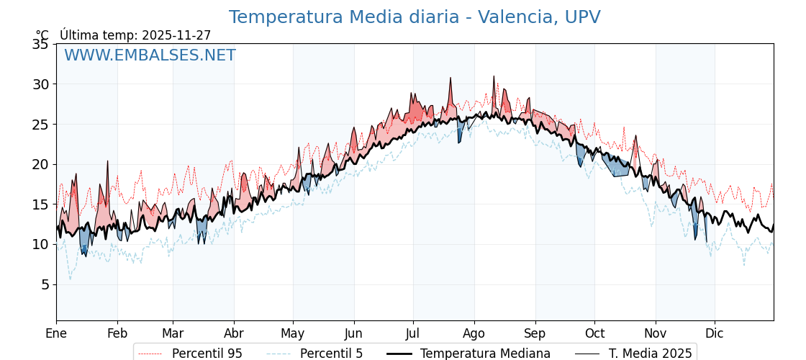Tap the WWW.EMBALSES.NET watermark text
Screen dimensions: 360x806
click(150, 55)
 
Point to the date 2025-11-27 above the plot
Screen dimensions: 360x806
click(176, 35)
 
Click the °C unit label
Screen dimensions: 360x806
click(42, 35)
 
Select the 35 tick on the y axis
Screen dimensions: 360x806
click(40, 45)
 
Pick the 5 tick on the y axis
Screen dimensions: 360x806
click(45, 284)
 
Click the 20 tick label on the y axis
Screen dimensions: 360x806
click(40, 164)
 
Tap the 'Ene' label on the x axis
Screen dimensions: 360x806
click(56, 333)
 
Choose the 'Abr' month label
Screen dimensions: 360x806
click(234, 333)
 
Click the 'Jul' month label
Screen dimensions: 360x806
click(413, 333)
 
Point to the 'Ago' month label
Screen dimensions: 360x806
click(474, 333)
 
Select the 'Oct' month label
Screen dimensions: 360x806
click(594, 333)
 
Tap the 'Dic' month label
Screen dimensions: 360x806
click(715, 333)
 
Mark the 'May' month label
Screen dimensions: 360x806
click(293, 333)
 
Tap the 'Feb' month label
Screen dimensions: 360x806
click(117, 333)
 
